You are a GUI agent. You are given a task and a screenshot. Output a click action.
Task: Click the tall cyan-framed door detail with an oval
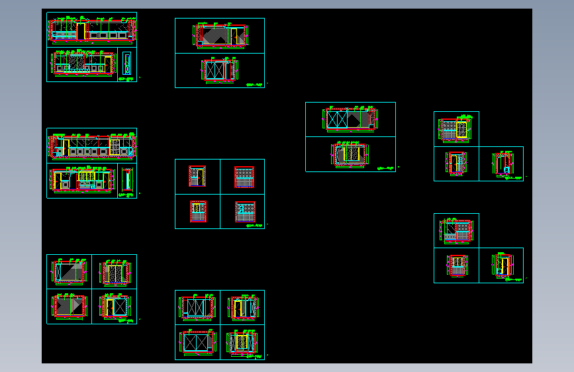(126, 64)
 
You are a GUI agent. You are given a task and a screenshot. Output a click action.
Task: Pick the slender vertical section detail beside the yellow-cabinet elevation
(126, 180)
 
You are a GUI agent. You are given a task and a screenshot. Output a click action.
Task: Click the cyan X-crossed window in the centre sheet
(338, 119)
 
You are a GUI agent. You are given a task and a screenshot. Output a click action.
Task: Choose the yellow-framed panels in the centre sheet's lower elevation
(350, 154)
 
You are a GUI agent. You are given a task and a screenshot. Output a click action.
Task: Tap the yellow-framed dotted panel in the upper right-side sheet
(462, 129)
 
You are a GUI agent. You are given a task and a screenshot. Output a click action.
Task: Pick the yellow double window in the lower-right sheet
(457, 266)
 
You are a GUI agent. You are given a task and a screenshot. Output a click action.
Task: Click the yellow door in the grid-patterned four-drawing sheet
(196, 177)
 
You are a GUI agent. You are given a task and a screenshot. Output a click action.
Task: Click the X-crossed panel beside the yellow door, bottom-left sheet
(120, 306)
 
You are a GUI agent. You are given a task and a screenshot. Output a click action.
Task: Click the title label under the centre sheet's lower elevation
(385, 168)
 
